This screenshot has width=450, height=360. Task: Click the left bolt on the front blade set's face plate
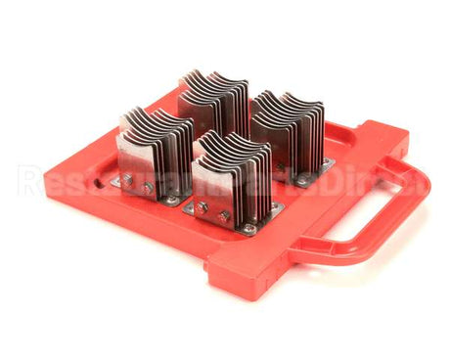pyautogui.click(x=202, y=207)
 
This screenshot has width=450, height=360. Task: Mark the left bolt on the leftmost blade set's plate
pyautogui.click(x=127, y=178)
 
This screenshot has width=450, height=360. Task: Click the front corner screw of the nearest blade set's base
pyautogui.click(x=248, y=229)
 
